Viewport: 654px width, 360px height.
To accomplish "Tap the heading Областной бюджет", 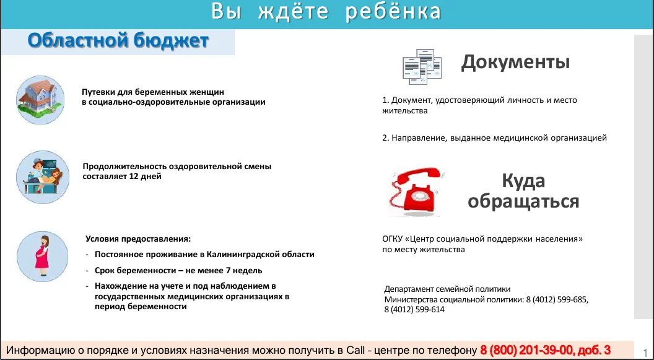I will pos(118,41).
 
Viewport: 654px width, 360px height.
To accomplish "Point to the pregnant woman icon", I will pos(42,256).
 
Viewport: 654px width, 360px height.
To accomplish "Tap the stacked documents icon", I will pos(422,65).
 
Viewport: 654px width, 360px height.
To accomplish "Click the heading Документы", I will pos(515,62).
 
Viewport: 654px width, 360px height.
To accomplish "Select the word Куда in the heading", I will pos(523,181).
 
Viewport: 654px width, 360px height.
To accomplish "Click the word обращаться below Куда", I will pos(523,201).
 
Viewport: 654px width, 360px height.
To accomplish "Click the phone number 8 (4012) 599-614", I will pos(414,310).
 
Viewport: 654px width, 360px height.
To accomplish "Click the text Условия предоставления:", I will pos(138,239).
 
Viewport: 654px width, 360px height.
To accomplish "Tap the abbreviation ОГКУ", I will pos(393,239).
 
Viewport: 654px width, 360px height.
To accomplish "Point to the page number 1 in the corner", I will pos(647,349).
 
